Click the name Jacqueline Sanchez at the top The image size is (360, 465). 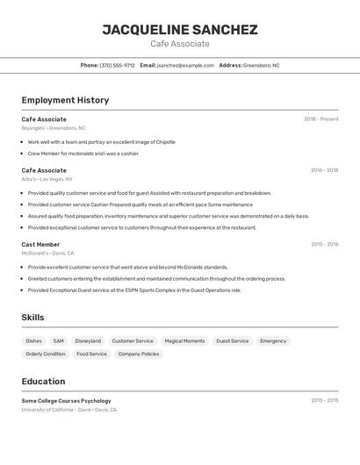coord(180,30)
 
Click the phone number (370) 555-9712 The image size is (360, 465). coord(117,65)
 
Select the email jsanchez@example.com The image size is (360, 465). coord(185,65)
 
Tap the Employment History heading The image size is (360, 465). coord(65,100)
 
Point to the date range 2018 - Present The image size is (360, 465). coord(320,119)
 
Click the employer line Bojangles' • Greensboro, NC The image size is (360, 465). coord(54,128)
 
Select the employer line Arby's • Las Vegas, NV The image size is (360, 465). coord(47,179)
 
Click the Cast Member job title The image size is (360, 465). coord(40,245)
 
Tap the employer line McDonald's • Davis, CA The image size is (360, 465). coord(48,253)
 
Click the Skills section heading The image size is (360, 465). coord(32,318)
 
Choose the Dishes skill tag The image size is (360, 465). coord(33,341)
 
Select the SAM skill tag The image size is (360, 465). coord(58,341)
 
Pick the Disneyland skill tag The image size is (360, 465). coord(88,341)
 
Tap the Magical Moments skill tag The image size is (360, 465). coord(184,341)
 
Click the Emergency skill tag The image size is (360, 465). coord(273,341)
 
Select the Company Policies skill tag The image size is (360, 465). coord(139,354)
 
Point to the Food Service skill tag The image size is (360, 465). coord(91,354)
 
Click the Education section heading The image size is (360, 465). coord(43,382)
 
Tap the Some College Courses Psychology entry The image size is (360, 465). coord(66,401)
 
